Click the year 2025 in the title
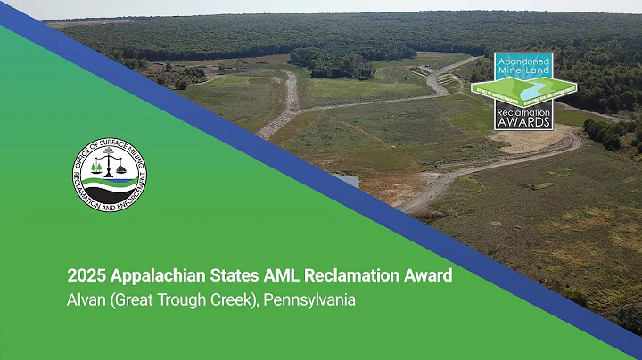coord(87,275)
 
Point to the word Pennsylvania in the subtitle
coord(311,300)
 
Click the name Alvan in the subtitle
coord(87,300)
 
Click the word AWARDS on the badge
coord(523,123)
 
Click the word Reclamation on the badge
coord(523,113)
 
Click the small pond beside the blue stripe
coord(348,180)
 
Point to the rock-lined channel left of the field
coord(290,102)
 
